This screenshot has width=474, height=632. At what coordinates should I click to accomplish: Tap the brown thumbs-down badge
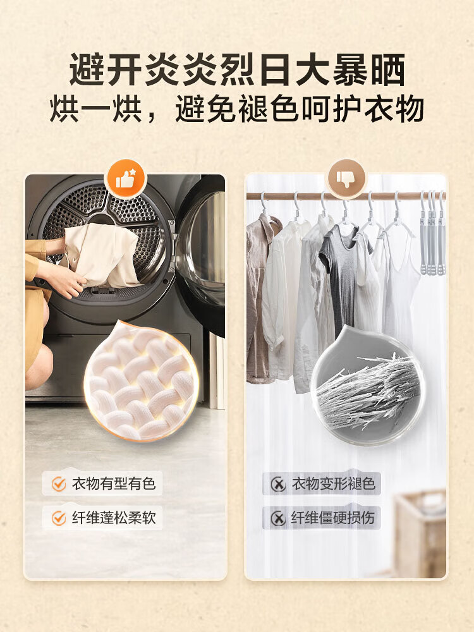click(x=346, y=179)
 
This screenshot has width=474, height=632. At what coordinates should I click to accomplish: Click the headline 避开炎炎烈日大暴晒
click(x=237, y=70)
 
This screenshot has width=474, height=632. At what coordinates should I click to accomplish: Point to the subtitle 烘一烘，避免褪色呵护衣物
click(x=237, y=109)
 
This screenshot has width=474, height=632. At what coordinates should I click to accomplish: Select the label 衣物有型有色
click(x=114, y=483)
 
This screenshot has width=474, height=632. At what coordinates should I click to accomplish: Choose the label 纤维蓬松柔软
click(x=114, y=518)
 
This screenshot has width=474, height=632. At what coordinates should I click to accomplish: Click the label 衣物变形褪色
click(x=333, y=483)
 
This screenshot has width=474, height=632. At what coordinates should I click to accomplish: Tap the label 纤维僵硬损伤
click(x=333, y=518)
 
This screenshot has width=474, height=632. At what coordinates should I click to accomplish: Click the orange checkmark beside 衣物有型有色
click(x=59, y=483)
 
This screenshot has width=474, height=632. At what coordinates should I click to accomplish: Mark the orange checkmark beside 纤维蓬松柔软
click(x=59, y=518)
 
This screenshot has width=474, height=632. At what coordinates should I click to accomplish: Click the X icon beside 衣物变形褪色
click(x=278, y=483)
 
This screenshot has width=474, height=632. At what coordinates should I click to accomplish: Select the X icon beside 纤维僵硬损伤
click(x=278, y=518)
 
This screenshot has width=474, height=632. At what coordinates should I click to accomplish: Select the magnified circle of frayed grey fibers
click(x=366, y=386)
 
